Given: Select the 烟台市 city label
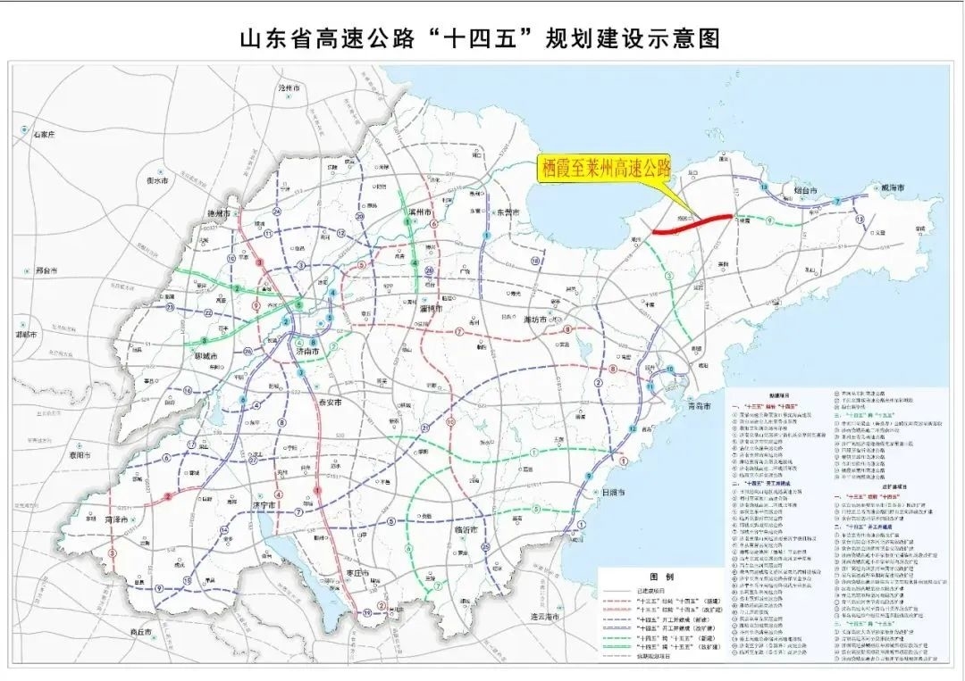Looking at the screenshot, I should pyautogui.click(x=810, y=190).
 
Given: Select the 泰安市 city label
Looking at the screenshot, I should pyautogui.click(x=331, y=403).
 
